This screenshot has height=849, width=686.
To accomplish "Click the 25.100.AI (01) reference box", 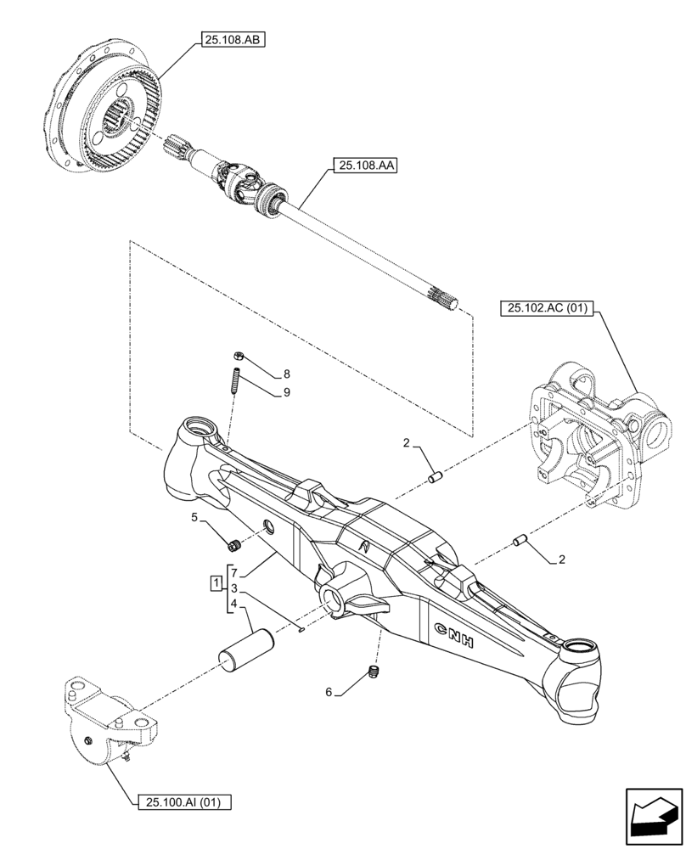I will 183,801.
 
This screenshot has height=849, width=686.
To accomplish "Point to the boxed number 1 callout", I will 217,584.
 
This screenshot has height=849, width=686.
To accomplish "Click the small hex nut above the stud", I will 239,357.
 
